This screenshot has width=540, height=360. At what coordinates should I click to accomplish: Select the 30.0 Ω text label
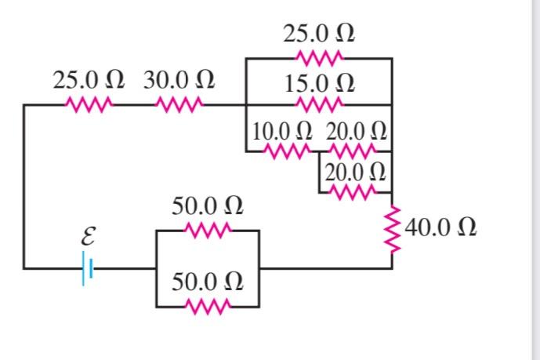click(179, 81)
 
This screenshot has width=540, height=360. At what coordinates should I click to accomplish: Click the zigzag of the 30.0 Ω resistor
click(179, 104)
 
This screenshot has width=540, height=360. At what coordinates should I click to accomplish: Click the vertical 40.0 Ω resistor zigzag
click(392, 228)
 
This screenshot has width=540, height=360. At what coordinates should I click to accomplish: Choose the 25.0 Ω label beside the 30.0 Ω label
click(89, 81)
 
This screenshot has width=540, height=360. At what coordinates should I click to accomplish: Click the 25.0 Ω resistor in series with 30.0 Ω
click(89, 104)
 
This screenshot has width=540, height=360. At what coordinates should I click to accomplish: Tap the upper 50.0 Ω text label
click(207, 207)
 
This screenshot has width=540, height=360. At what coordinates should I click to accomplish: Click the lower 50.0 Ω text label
click(207, 282)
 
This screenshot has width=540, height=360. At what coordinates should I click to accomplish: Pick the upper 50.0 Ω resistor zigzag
click(207, 231)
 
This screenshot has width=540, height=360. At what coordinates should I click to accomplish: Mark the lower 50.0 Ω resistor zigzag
click(207, 305)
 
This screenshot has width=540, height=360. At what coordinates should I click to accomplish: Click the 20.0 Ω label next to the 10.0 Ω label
click(356, 129)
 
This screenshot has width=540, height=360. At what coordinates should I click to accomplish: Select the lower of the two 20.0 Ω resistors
click(356, 191)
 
